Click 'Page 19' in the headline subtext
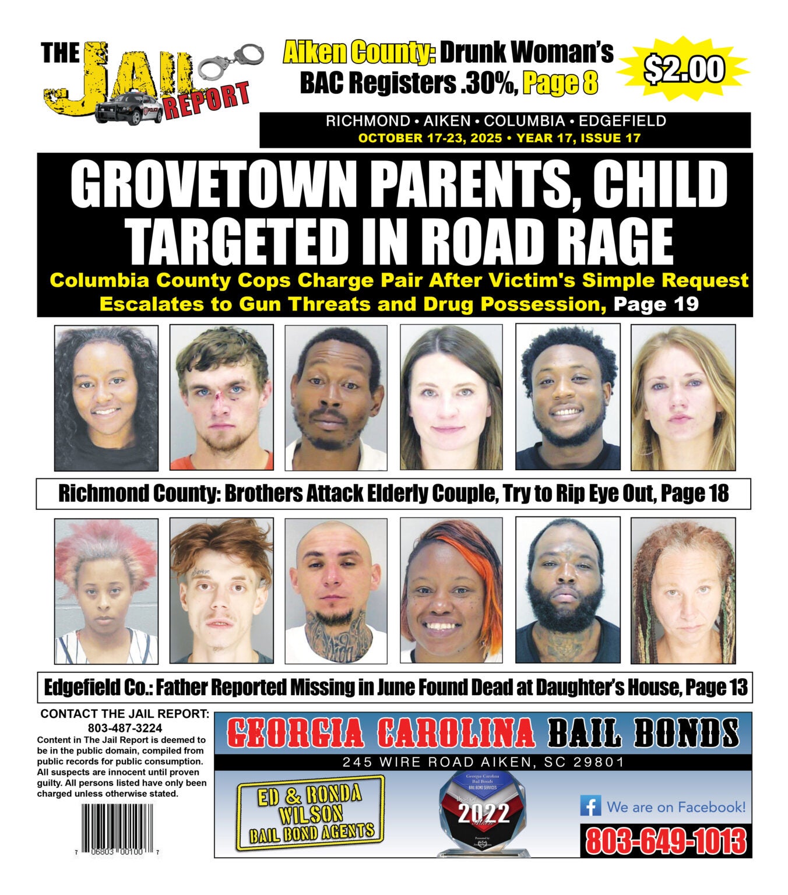pos(656,304)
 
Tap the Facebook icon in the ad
pos(590,806)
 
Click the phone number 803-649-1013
pos(666,841)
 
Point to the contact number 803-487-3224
pos(125,728)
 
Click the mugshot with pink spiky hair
pos(106,591)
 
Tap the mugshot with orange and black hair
pos(451,591)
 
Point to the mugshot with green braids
pos(683,591)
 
